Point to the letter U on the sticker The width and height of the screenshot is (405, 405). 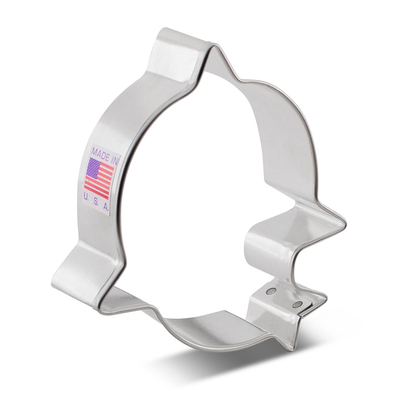point(86,196)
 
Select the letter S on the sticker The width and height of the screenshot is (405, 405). point(96,201)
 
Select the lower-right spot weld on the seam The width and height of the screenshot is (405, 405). point(299,304)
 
